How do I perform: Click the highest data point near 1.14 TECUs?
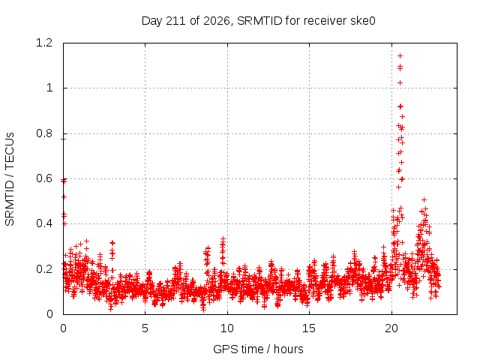tap(400, 55)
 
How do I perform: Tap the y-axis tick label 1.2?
tap(44, 43)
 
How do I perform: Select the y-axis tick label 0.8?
tap(44, 133)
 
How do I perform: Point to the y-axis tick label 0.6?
tap(44, 178)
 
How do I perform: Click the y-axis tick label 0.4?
tap(44, 223)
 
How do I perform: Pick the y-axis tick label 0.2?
tap(44, 269)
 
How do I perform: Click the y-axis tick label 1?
tap(49, 88)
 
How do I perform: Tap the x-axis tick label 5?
tap(145, 328)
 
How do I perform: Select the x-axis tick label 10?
tap(227, 328)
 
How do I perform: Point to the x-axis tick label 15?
tap(309, 328)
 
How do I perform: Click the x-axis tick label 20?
tap(391, 328)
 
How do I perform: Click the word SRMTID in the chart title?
tap(259, 21)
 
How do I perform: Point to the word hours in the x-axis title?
tap(288, 349)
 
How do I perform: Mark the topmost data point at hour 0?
tap(63, 139)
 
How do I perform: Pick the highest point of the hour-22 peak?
tap(424, 200)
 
